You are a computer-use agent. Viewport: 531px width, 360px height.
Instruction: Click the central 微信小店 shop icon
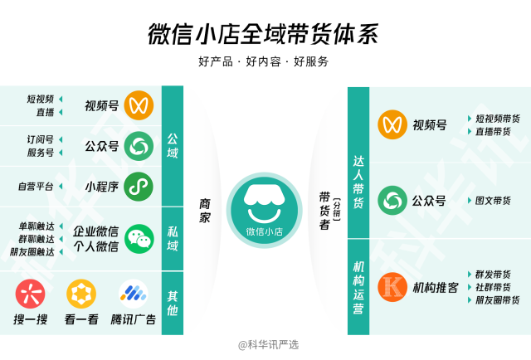264,211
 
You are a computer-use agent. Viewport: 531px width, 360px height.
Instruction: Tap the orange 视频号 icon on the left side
139,105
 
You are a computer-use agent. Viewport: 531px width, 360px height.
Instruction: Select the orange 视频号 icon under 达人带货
392,124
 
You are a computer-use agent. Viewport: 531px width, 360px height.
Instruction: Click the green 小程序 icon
139,187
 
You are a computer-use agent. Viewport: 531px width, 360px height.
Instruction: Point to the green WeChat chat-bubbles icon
139,239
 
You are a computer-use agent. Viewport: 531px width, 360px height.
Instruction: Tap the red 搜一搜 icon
30,294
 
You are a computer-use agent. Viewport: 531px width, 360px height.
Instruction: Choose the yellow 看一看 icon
81,294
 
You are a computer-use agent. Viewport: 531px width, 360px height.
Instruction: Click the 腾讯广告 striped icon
134,294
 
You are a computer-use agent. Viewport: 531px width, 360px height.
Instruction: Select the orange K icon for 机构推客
392,287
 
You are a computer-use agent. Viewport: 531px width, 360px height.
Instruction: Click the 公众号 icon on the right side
392,201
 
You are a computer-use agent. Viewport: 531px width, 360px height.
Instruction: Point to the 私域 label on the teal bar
173,238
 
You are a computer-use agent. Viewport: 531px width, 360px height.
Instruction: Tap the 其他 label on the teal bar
173,303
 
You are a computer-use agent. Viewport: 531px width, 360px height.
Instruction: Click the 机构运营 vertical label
358,288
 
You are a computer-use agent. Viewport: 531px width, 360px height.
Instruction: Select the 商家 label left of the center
205,211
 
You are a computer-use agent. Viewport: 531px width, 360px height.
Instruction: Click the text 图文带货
493,201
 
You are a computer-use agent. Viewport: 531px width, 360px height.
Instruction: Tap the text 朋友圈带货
498,300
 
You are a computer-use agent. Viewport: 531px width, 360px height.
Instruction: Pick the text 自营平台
36,187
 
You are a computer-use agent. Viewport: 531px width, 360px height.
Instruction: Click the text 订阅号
41,139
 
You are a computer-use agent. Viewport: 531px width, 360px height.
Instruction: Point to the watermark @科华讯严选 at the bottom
268,345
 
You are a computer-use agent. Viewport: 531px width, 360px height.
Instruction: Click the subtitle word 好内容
264,61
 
